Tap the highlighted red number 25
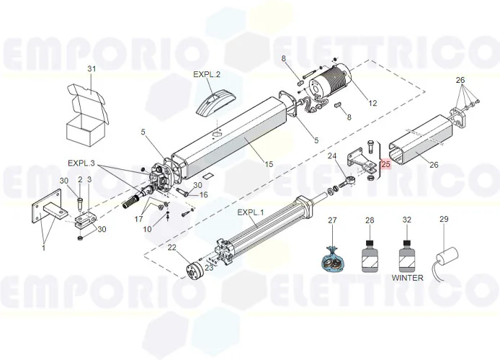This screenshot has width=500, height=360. pos(385,164)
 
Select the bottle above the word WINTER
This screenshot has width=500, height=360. pos(407,254)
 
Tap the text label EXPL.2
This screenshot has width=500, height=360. pos(207,74)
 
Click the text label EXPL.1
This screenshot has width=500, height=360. pos(251,213)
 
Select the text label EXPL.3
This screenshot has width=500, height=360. pos(81,163)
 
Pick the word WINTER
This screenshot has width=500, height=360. pos(407,276)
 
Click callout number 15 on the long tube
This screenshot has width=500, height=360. pos(269,165)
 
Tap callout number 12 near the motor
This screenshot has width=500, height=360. pos(372,103)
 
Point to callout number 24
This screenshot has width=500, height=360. pos(332,156)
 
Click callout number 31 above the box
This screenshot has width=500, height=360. pos(91,68)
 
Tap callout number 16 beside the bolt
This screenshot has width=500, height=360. pos(203,195)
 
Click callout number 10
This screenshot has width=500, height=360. pos(147,229)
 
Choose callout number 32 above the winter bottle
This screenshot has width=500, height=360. pos(407,220)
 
